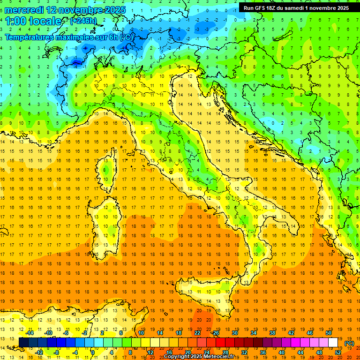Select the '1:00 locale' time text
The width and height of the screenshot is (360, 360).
point(34,21)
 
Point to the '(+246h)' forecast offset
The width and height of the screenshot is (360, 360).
point(83,21)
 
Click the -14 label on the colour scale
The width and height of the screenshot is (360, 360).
point(29,333)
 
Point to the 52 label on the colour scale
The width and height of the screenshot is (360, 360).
point(337,352)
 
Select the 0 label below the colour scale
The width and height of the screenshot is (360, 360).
point(93,352)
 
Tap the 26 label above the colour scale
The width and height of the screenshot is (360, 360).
point(216,333)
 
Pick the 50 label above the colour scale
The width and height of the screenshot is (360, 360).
point(329,333)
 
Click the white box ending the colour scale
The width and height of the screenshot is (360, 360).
point(333,342)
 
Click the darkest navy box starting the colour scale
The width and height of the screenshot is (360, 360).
point(23,342)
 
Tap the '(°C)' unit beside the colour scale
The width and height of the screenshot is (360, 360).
point(349,343)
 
